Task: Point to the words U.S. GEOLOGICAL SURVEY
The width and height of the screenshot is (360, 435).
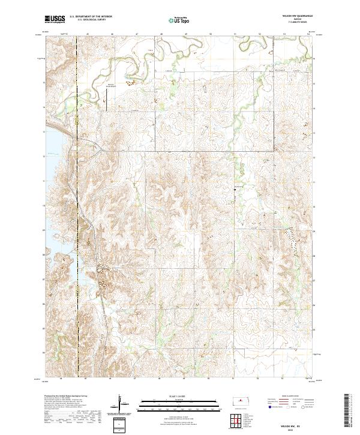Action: click(87, 20)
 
